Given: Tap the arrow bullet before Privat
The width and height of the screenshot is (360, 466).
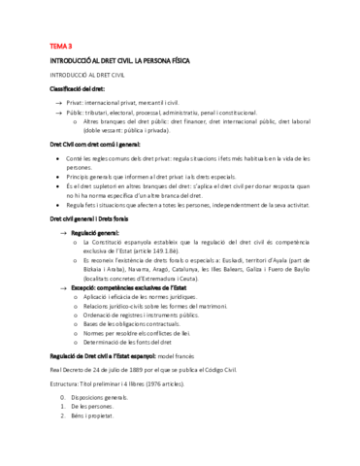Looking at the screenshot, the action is click(59, 102).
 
